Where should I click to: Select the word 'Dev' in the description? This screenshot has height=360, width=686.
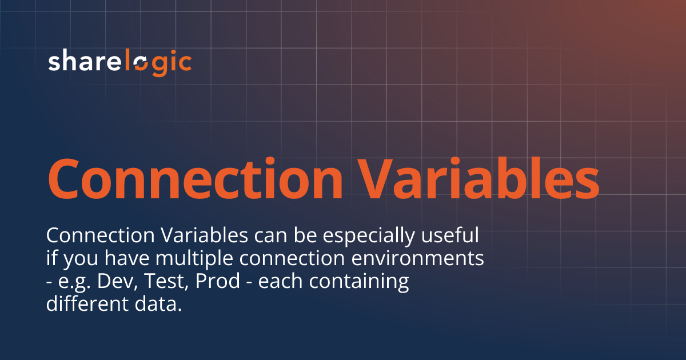114,282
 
